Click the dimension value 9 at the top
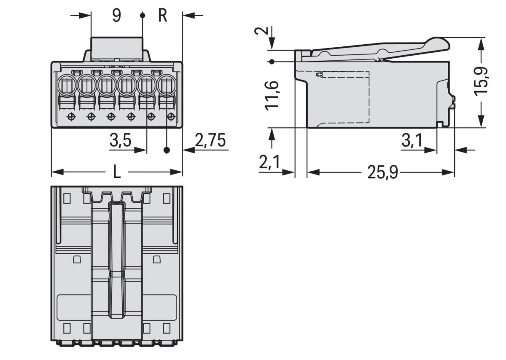coord(116,16)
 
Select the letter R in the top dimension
coord(163,16)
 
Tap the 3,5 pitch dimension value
coord(119,141)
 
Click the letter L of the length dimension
coord(117,172)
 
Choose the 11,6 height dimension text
coord(272,95)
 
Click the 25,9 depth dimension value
coord(382,172)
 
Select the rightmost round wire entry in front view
coord(167,86)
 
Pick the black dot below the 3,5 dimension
coord(167,150)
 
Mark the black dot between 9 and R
coord(143,16)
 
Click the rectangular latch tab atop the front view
coord(117,48)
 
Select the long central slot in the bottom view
coord(117,257)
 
